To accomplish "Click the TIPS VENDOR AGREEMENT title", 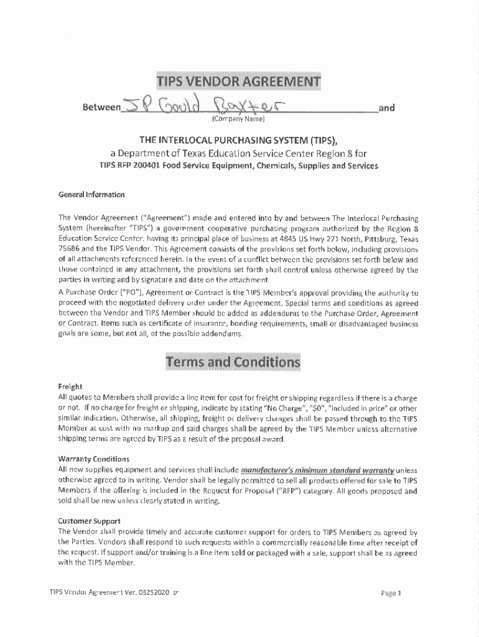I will (x=238, y=82).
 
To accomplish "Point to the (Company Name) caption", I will (x=238, y=119).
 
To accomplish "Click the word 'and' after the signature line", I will (x=386, y=108).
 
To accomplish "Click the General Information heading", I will (x=91, y=194).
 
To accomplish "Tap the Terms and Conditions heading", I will (x=233, y=362).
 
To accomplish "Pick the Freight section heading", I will (x=70, y=386).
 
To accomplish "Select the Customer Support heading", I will (x=89, y=521).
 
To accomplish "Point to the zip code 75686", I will (x=70, y=248).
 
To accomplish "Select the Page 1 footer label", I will (x=391, y=593).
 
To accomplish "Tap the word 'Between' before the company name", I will (x=101, y=108).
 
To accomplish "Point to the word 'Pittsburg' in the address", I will (x=378, y=238).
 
